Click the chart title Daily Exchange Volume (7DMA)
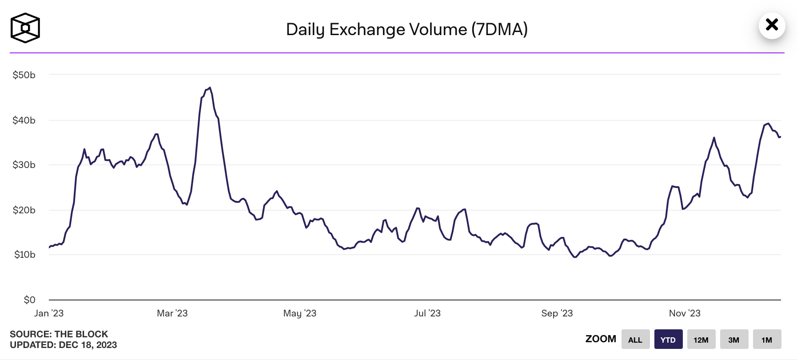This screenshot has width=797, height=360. point(406,29)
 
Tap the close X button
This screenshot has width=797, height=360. point(772,25)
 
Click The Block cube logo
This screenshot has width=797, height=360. point(25,28)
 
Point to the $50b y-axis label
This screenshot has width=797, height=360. point(24,75)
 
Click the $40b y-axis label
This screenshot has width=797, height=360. point(24,120)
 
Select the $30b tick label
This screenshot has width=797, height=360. point(24,165)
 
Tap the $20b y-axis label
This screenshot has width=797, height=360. point(24,210)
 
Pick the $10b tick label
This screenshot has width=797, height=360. point(24,255)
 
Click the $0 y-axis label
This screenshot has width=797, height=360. point(29,300)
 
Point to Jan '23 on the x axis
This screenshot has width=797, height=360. point(49,313)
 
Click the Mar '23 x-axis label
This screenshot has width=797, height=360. point(172,313)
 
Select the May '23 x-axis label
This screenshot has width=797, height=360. point(300,313)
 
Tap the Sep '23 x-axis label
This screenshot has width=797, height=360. point(557,313)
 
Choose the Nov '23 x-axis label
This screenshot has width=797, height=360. point(685,313)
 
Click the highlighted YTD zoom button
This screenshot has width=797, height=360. point(668,340)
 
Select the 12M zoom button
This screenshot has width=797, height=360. point(701,340)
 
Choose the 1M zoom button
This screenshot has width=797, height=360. point(767,340)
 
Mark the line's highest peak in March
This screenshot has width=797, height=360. point(210,88)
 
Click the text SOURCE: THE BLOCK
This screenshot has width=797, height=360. point(59,334)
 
